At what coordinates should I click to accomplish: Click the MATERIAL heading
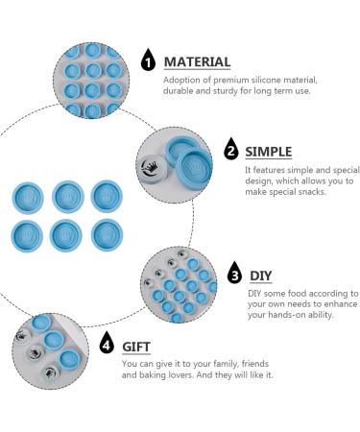[x=197, y=62]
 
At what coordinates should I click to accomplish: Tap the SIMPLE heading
[x=269, y=152]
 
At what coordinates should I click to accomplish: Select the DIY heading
[x=261, y=276]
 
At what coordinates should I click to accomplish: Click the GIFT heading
[x=136, y=347]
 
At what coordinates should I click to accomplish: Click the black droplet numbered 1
[x=148, y=60]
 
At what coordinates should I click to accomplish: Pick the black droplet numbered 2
[x=231, y=149]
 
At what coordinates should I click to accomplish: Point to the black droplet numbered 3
[x=235, y=273]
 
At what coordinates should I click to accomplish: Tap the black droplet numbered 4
[x=107, y=343]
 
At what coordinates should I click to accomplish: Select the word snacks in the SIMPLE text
[x=312, y=192]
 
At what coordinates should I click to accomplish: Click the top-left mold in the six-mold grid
[x=28, y=198]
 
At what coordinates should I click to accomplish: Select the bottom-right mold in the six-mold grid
[x=108, y=235]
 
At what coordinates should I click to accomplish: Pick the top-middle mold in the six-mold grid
[x=68, y=197]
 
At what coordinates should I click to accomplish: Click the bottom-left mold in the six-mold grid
[x=27, y=236]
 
